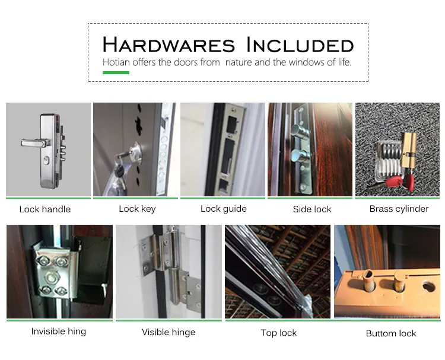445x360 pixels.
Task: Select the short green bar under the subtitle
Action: click(116, 72)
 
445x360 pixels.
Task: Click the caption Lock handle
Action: click(45, 209)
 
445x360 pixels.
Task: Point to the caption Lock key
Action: click(137, 209)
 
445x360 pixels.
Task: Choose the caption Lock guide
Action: click(223, 209)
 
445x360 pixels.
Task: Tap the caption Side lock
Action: click(312, 209)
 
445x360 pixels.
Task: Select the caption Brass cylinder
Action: click(399, 209)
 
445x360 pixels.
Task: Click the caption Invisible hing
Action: click(59, 332)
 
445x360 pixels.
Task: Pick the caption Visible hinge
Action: click(169, 332)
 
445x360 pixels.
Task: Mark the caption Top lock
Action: click(278, 333)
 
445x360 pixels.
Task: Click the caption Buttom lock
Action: click(391, 333)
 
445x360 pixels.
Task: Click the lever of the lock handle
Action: click(30, 142)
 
